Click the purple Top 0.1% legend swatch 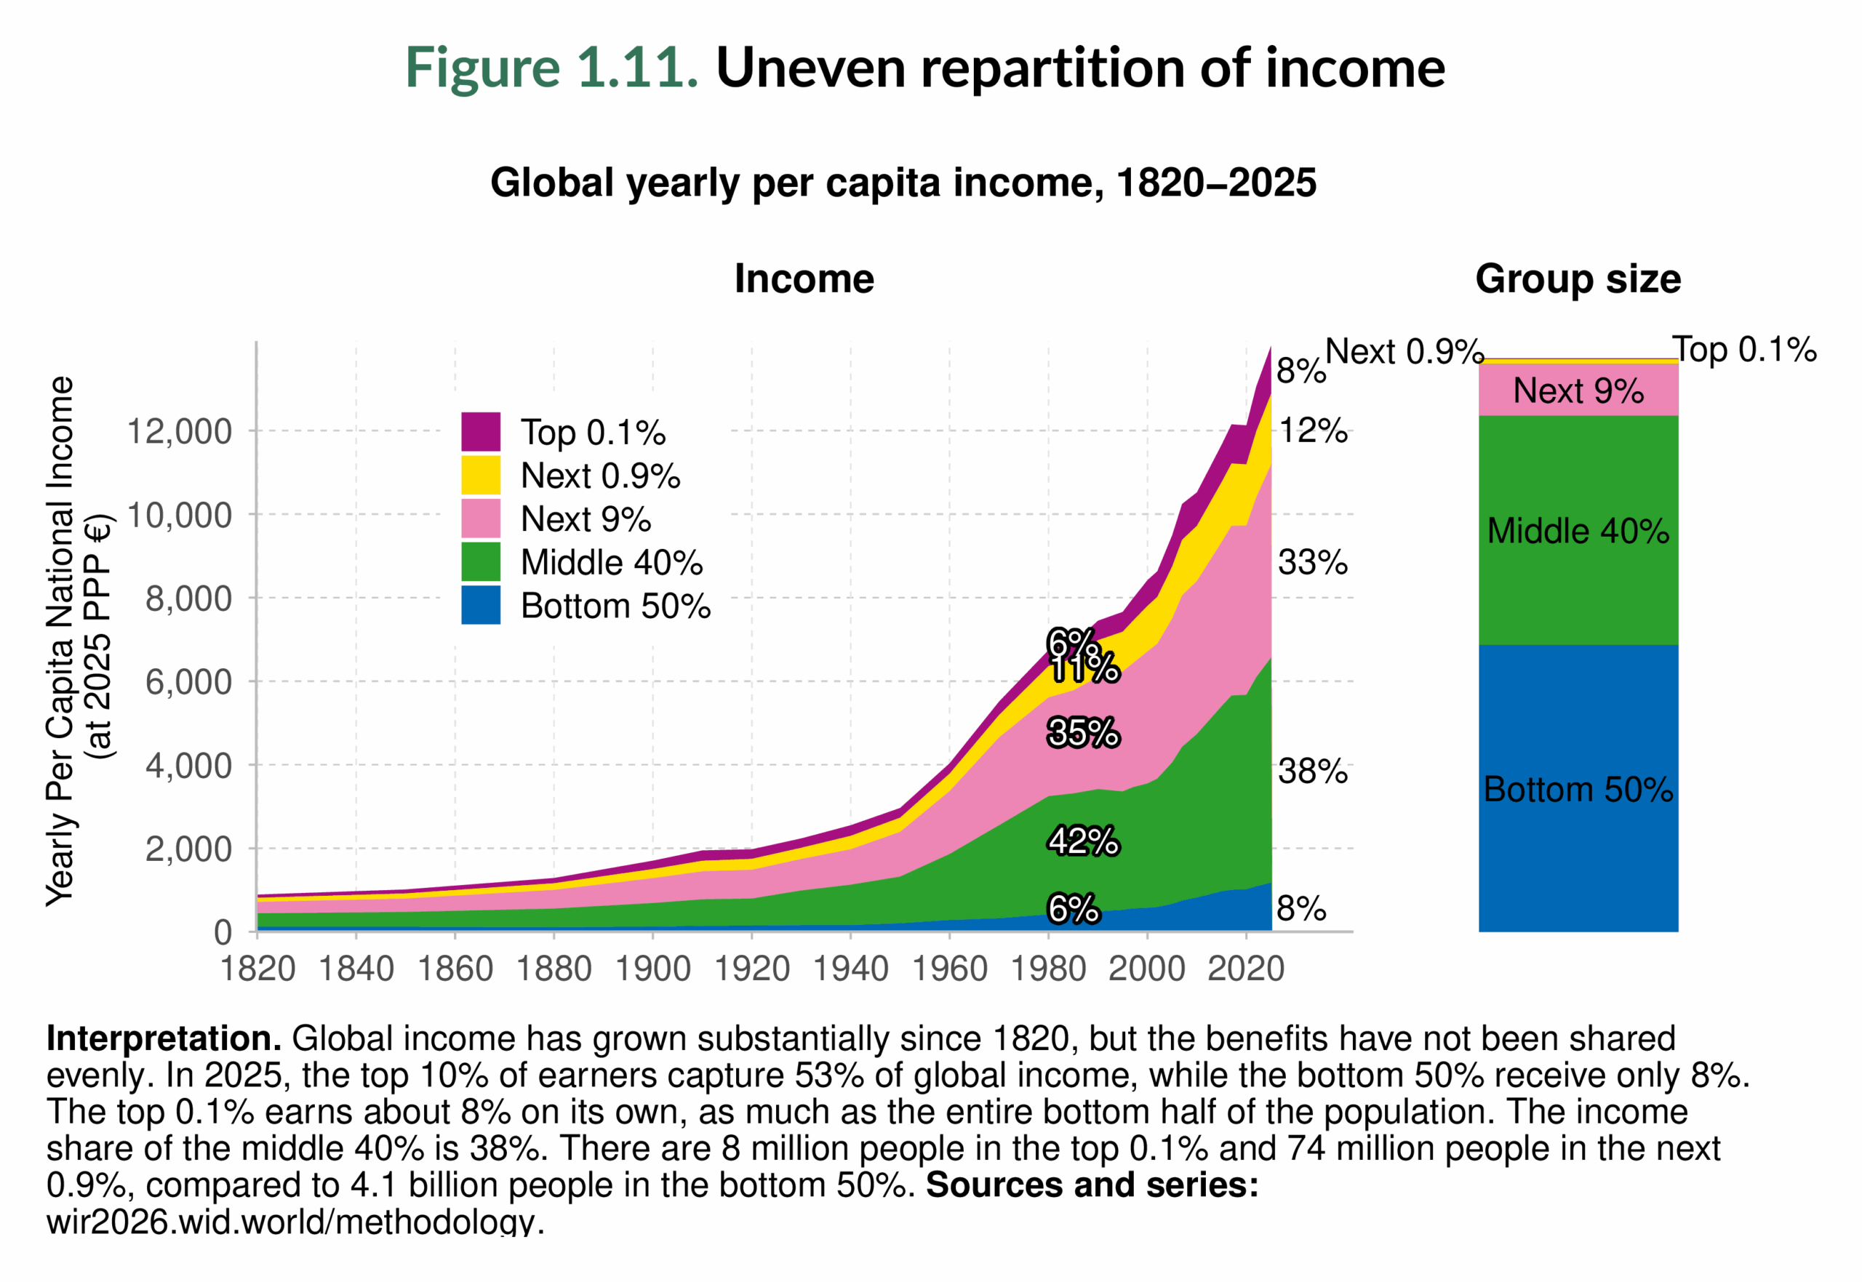tap(480, 432)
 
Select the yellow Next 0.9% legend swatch tap(480, 476)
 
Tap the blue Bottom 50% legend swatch tap(480, 605)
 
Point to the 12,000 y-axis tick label tap(179, 432)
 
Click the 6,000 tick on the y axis tap(188, 682)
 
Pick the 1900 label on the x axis tap(652, 969)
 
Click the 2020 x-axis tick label tap(1246, 969)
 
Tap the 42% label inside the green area tap(1083, 841)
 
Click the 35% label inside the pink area tap(1083, 732)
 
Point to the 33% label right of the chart tap(1313, 562)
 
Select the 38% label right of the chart tap(1313, 771)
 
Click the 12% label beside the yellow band tap(1314, 430)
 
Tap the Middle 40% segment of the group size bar tap(1578, 531)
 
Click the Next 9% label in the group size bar tap(1578, 391)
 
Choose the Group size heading tap(1578, 279)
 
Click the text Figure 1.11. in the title tap(551, 68)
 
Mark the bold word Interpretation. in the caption tap(164, 1038)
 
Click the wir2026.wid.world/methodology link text tap(294, 1222)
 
